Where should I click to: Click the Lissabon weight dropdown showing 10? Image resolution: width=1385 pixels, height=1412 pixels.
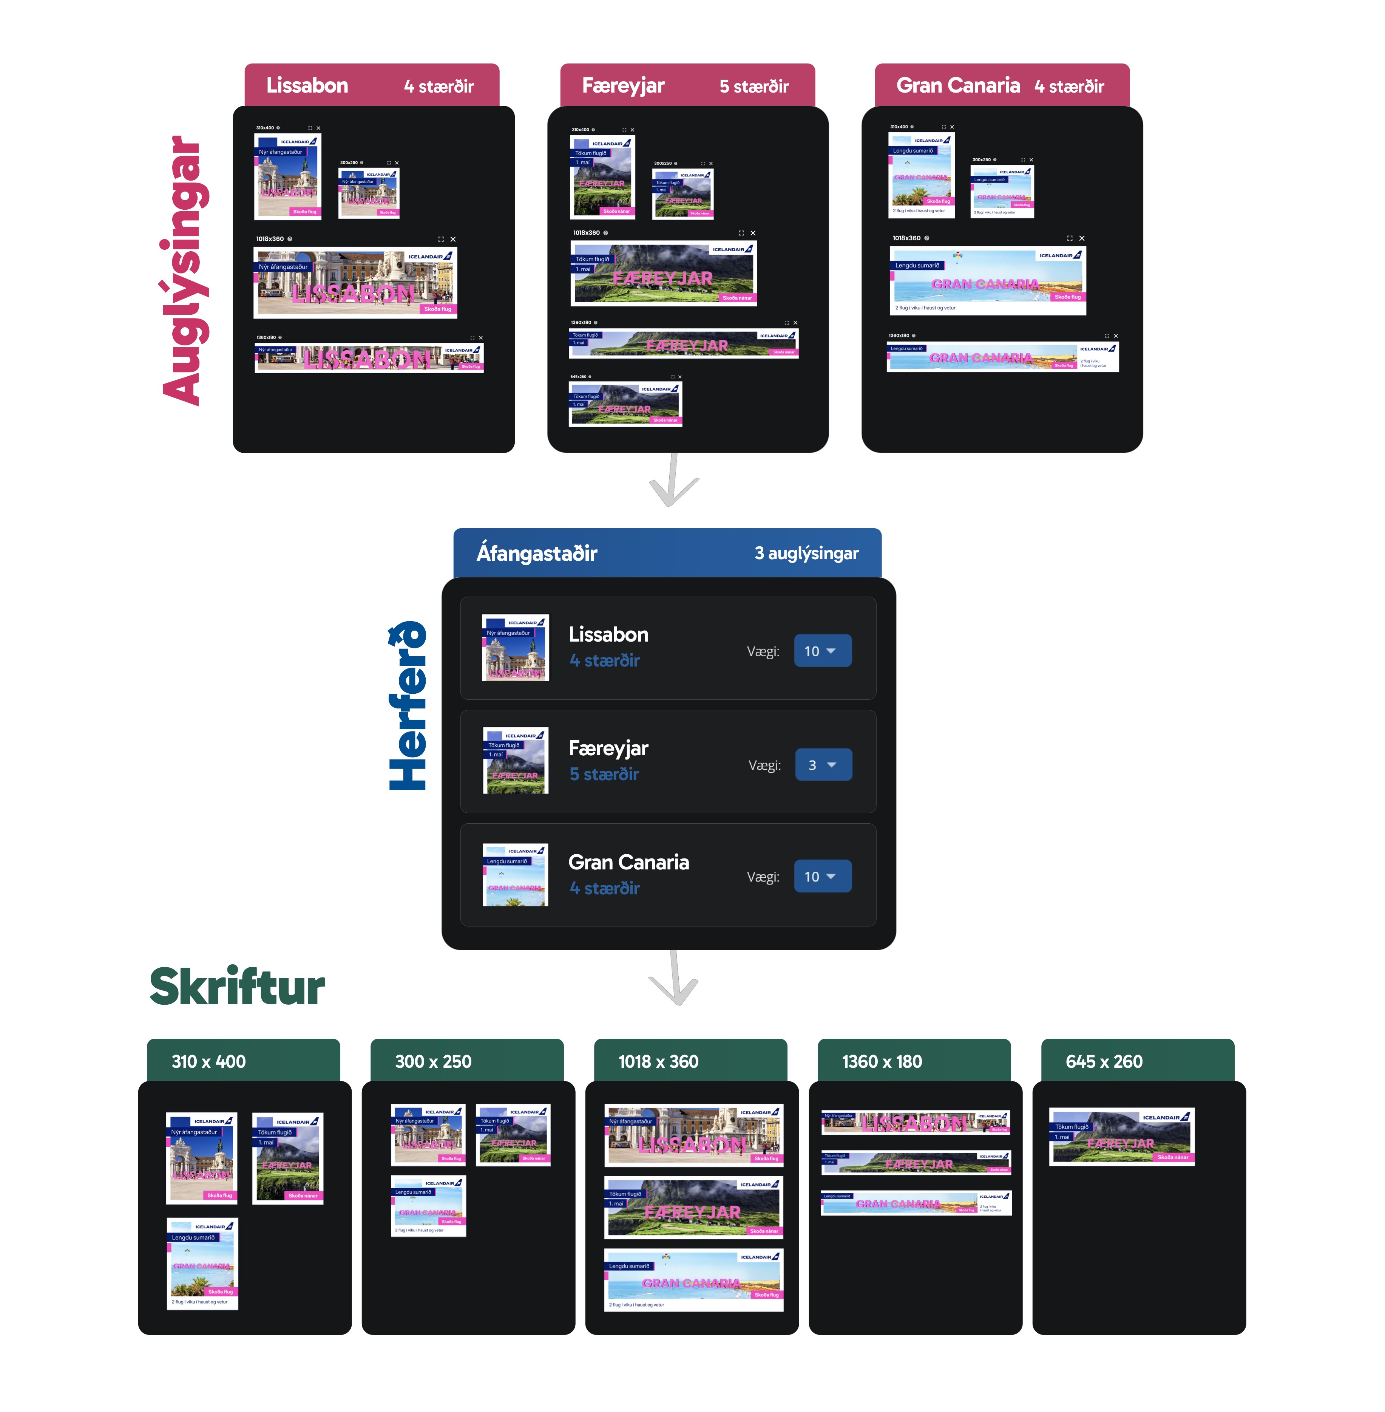(x=822, y=651)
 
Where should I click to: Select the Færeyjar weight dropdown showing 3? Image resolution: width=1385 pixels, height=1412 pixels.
(x=823, y=764)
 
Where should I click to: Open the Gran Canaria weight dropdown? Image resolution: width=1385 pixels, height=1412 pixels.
(x=822, y=876)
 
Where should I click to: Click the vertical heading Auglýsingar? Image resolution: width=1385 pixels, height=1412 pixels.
(x=182, y=271)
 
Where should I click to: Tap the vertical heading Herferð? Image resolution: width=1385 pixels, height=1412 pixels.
(x=408, y=706)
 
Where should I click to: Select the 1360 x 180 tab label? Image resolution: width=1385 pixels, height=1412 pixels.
(x=882, y=1061)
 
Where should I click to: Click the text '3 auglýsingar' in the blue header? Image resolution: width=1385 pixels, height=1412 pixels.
(x=806, y=553)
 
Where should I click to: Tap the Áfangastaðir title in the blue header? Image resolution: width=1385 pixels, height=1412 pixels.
(x=537, y=553)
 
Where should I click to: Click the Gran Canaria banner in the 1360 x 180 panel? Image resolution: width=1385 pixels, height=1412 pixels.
(x=916, y=1203)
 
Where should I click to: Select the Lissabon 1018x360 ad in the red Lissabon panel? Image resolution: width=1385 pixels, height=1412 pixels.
(x=355, y=282)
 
